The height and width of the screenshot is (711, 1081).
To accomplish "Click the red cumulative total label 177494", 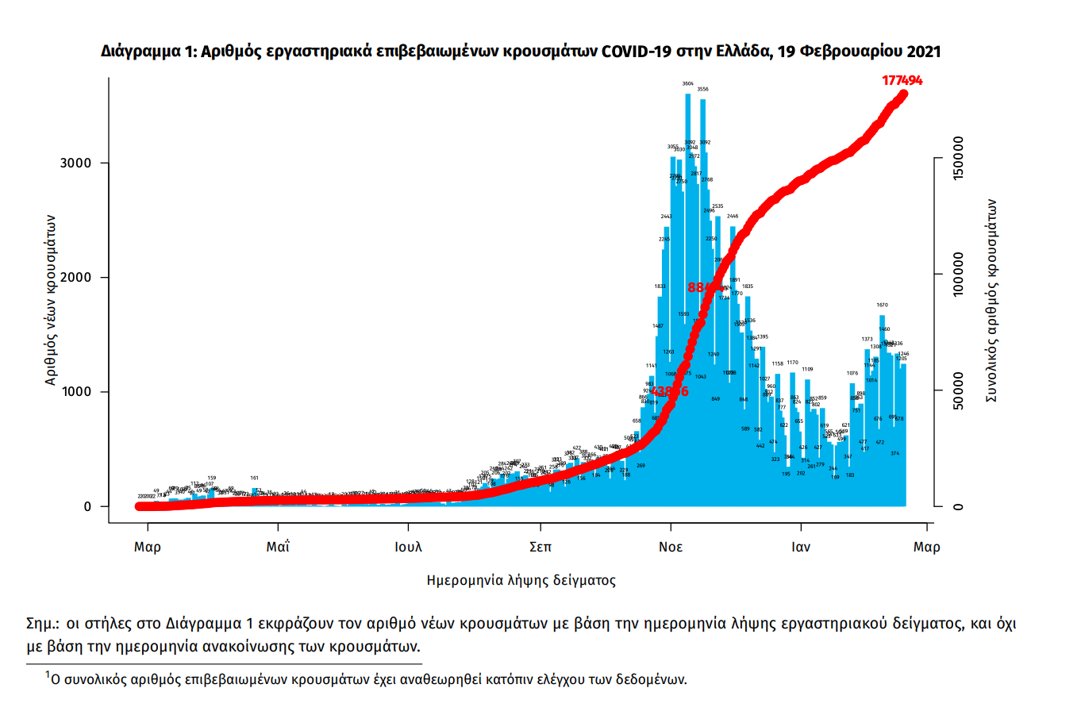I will click(x=902, y=80).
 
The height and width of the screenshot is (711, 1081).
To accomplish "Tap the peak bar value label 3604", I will click(x=688, y=83).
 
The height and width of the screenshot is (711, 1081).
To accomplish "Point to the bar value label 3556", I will click(x=702, y=89).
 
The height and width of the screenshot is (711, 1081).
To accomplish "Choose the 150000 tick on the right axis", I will click(x=959, y=158).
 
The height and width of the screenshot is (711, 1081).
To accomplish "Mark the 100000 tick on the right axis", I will click(x=959, y=275).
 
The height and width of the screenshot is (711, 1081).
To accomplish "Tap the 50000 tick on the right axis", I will click(x=959, y=391).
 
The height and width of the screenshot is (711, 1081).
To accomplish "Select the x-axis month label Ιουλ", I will click(x=408, y=548).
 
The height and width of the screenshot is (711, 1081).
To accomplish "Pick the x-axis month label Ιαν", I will click(x=802, y=548).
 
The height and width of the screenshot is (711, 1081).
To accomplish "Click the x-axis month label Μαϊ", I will click(x=277, y=548).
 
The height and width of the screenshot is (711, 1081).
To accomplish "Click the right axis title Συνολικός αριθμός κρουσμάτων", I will click(x=991, y=300).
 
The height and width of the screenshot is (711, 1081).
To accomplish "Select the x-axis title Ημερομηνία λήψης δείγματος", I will click(x=521, y=580).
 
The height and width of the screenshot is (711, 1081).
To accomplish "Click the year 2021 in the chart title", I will click(x=920, y=52).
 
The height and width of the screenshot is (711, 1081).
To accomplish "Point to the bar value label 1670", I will click(x=882, y=305).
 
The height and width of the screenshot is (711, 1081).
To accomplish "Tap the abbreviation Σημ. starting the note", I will click(x=44, y=623).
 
